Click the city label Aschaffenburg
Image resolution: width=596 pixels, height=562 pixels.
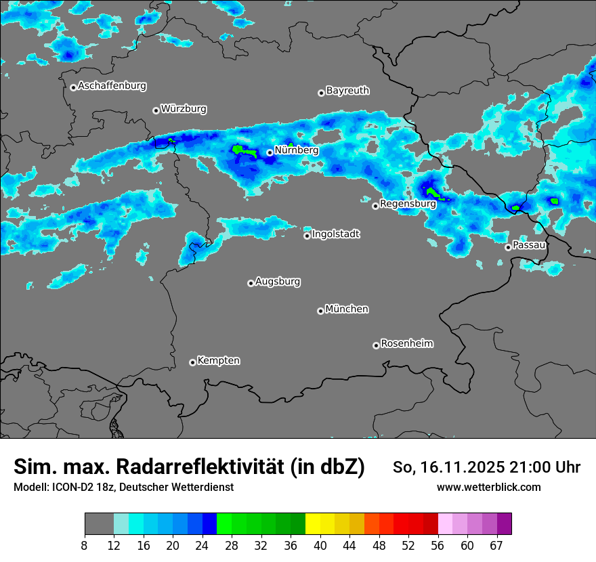coord(112,86)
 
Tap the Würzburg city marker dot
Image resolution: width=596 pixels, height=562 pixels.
coord(156,110)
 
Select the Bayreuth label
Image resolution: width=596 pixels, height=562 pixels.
coord(347,90)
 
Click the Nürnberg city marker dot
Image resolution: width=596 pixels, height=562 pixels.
coord(270,152)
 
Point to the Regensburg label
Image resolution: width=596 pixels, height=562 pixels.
coord(408,203)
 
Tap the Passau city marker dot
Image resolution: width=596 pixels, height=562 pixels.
coord(508,247)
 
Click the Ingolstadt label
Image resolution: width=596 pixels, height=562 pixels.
coord(336,234)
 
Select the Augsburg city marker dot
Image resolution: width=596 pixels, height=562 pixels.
coord(251,283)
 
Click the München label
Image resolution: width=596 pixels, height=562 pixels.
coord(347,309)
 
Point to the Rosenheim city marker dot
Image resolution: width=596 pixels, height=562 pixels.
coord(376,345)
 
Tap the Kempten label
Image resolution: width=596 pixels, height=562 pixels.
coord(218,360)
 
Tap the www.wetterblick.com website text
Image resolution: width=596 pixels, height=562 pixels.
coord(489,488)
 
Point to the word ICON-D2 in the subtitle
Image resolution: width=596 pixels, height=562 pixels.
coord(69,488)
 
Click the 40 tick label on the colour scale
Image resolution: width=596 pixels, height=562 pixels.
coord(320,546)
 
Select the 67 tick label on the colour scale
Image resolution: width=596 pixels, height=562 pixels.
coord(496,546)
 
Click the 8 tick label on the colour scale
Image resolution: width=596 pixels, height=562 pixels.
coord(84,546)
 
